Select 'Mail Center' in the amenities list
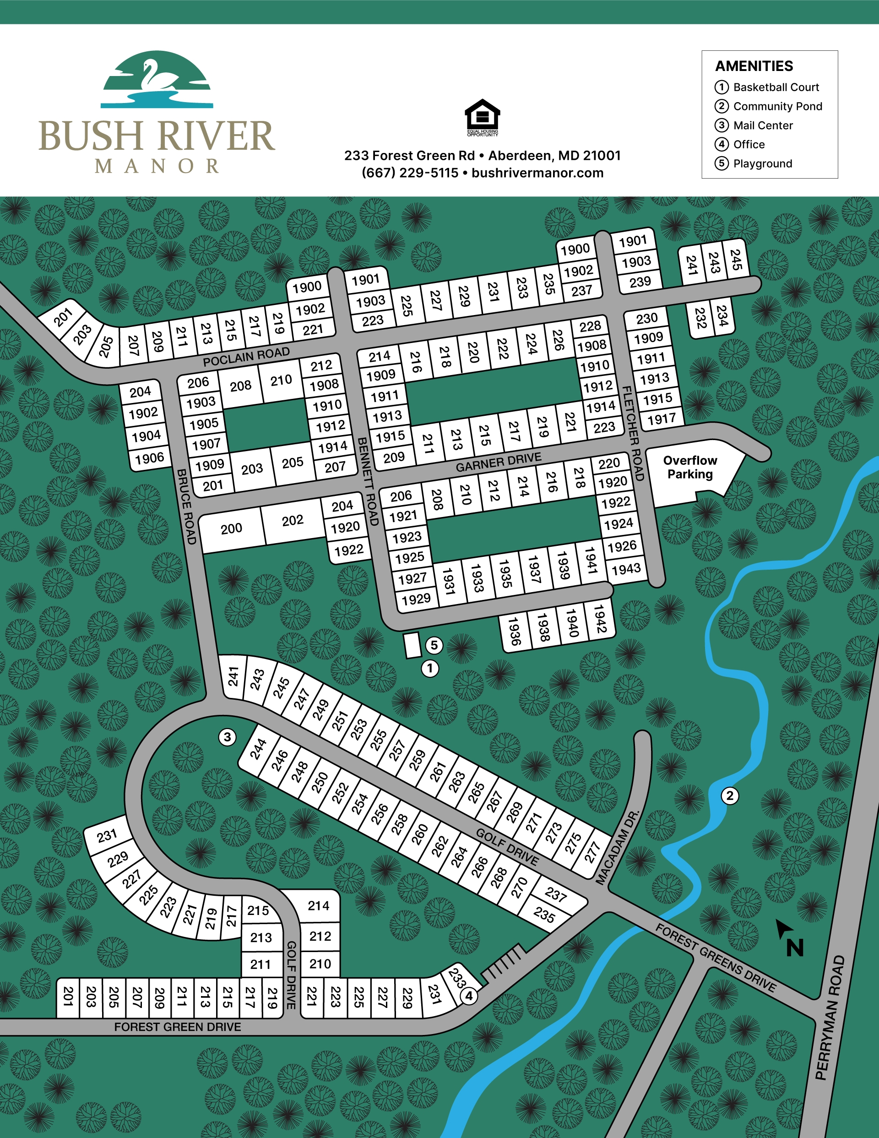coord(762,125)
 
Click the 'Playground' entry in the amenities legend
coord(762,163)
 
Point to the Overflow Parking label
coord(689,468)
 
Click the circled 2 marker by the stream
coord(729,795)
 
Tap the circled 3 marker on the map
coord(227,737)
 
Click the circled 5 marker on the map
coord(434,646)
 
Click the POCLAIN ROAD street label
coord(246,357)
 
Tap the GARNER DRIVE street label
coord(498,463)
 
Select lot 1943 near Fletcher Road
coord(626,569)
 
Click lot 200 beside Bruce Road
coord(231,529)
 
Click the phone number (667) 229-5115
coord(410,173)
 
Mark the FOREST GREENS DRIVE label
coord(716,958)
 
